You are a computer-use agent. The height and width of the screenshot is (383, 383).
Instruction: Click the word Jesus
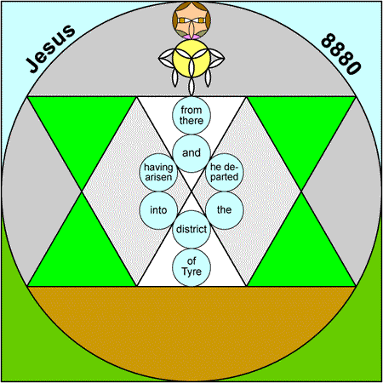pyautogui.click(x=51, y=49)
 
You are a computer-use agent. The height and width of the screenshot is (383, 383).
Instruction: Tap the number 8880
pyautogui.click(x=341, y=54)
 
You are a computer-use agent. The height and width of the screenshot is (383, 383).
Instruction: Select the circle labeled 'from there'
pyautogui.click(x=191, y=115)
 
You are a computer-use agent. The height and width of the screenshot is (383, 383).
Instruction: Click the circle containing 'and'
pyautogui.click(x=191, y=153)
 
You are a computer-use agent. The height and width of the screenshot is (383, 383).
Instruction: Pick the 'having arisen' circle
pyautogui.click(x=158, y=172)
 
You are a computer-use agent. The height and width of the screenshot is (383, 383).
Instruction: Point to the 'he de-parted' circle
pyautogui.click(x=225, y=172)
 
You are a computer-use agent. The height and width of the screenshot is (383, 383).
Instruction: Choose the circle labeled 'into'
pyautogui.click(x=158, y=210)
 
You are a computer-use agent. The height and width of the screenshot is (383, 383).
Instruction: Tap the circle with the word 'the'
pyautogui.click(x=225, y=210)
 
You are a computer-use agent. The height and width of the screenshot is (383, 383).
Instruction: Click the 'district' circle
pyautogui.click(x=191, y=229)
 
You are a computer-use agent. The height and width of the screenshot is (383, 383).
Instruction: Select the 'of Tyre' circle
pyautogui.click(x=191, y=267)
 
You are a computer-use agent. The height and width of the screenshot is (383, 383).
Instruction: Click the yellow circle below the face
pyautogui.click(x=191, y=59)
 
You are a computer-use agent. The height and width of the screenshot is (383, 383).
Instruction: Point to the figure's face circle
pyautogui.click(x=191, y=20)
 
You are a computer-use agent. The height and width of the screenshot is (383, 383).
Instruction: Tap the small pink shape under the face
pyautogui.click(x=191, y=37)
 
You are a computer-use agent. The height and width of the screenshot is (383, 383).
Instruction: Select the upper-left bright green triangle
pyautogui.click(x=82, y=128)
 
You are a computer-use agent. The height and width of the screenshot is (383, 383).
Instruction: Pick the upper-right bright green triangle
pyautogui.click(x=301, y=128)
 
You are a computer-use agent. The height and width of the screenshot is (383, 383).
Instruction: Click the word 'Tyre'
pyautogui.click(x=191, y=272)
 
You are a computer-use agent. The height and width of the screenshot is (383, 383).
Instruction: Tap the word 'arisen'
pyautogui.click(x=158, y=178)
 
